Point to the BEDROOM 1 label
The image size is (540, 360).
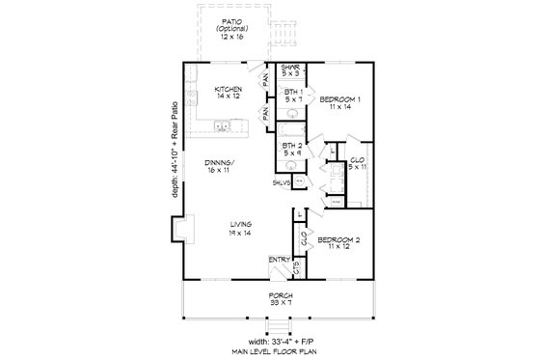[x=339, y=98]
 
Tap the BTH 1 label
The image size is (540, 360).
[x=290, y=92]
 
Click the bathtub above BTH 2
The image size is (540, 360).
[x=292, y=128]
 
